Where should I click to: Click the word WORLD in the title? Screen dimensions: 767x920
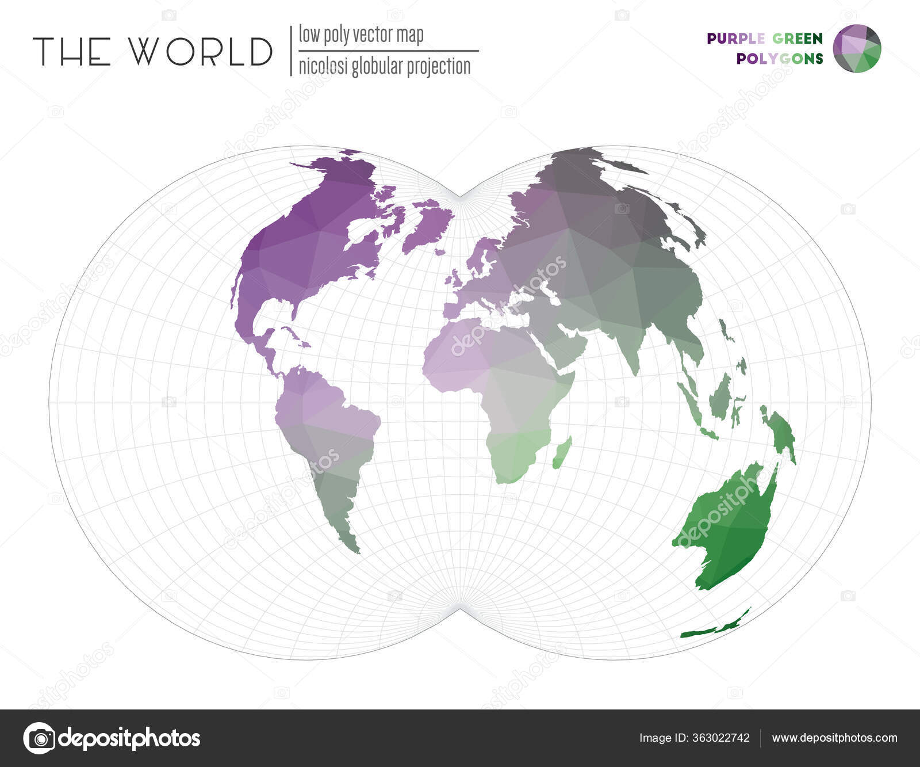tap(200, 51)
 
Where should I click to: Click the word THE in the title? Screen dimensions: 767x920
tap(72, 51)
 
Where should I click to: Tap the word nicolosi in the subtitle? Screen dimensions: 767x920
tap(323, 67)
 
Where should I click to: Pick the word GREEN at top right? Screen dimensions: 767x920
tap(797, 39)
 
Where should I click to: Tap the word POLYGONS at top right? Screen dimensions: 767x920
tap(779, 59)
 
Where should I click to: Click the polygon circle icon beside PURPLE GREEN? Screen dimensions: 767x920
tap(857, 49)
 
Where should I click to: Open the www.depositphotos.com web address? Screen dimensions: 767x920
tap(834, 738)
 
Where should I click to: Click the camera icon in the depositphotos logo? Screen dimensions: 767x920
tap(39, 738)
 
